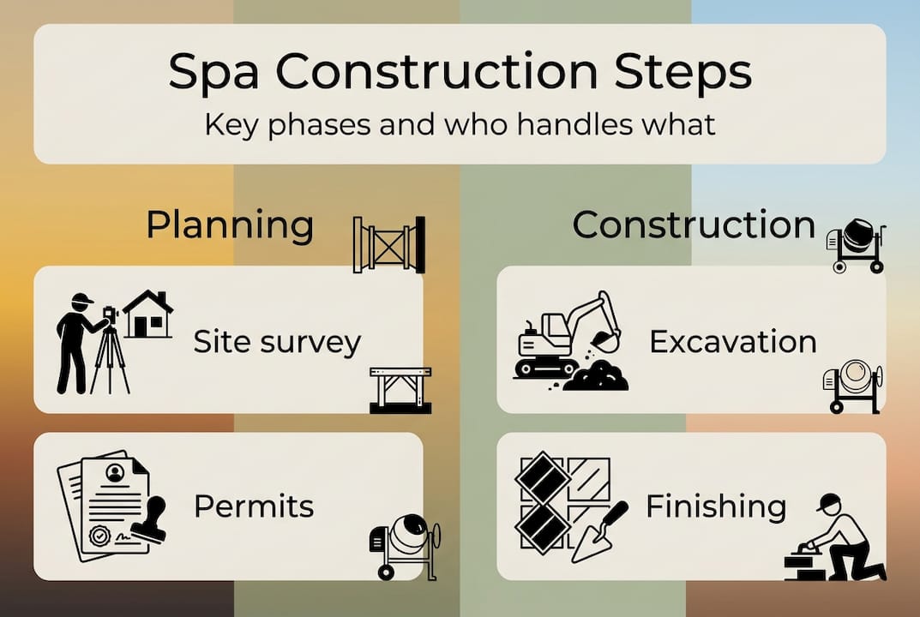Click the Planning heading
(230, 225)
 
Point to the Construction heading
(694, 225)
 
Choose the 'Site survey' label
(277, 342)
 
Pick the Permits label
(254, 506)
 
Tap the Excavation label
(733, 342)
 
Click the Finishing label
(716, 506)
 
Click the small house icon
(147, 314)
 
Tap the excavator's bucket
(605, 340)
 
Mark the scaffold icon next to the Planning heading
(388, 244)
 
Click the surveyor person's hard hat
(81, 299)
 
